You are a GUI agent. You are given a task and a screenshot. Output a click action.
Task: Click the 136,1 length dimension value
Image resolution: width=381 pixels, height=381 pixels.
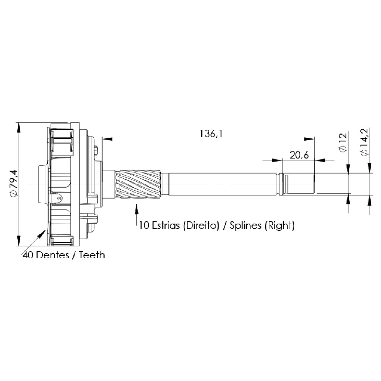pos(211,134)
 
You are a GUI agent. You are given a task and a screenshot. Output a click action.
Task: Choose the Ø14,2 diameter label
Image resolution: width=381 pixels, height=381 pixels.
pos(364,142)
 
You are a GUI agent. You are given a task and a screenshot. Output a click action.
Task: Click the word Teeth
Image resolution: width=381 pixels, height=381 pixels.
pos(92,255)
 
